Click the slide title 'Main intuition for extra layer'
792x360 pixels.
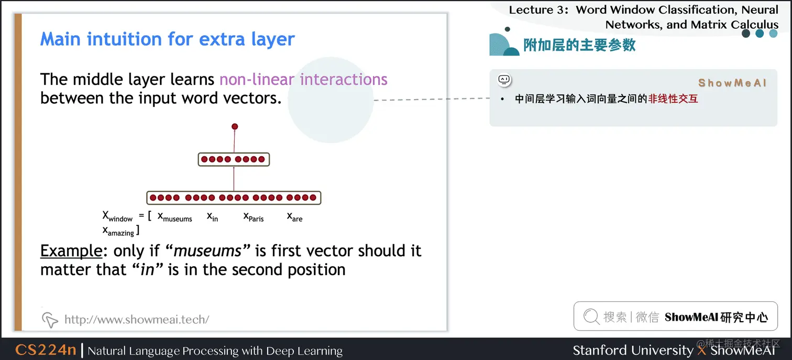pyautogui.click(x=167, y=39)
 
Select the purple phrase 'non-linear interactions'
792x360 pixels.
pyautogui.click(x=303, y=79)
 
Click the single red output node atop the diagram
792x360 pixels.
pyautogui.click(x=235, y=127)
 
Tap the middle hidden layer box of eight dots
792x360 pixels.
pyautogui.click(x=234, y=159)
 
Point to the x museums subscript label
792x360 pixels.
pyautogui.click(x=174, y=217)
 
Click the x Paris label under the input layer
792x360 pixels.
pyautogui.click(x=254, y=217)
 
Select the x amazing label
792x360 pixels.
pyautogui.click(x=118, y=231)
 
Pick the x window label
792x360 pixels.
pyautogui.click(x=117, y=216)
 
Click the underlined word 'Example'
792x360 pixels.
pyautogui.click(x=71, y=252)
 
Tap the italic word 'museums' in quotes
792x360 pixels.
pyautogui.click(x=207, y=251)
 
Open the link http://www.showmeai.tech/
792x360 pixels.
pyautogui.click(x=137, y=319)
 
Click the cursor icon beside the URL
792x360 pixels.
pyautogui.click(x=50, y=320)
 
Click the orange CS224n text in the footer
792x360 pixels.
pyautogui.click(x=46, y=350)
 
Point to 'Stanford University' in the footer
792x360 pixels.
pyautogui.click(x=633, y=350)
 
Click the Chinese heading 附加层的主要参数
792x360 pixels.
pyautogui.click(x=579, y=45)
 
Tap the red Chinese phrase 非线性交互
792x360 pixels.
pyautogui.click(x=673, y=99)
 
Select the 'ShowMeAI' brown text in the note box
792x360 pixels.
pyautogui.click(x=732, y=83)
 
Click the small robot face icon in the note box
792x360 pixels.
pyautogui.click(x=504, y=80)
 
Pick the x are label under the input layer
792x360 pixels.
pyautogui.click(x=294, y=216)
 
